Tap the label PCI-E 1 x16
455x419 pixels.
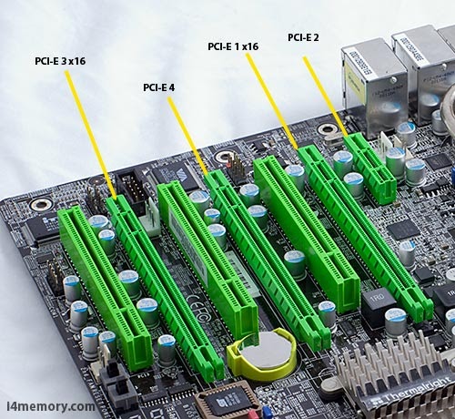(x=233, y=46)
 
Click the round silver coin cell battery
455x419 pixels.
(x=263, y=353)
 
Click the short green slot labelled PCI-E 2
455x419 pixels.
(x=372, y=169)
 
